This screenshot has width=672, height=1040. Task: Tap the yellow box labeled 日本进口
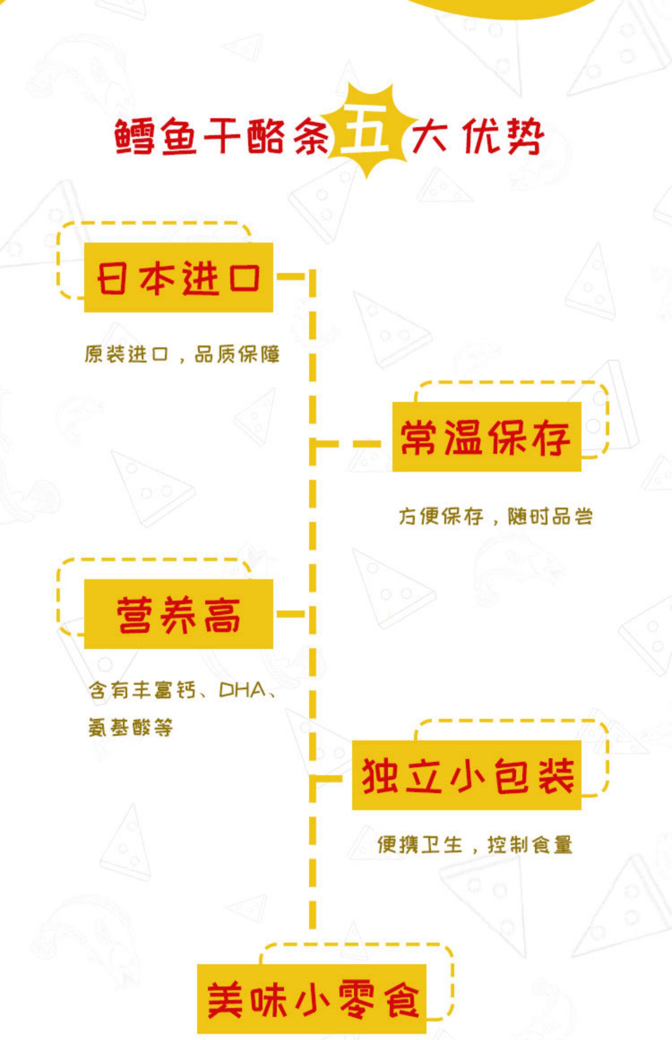pos(178,278)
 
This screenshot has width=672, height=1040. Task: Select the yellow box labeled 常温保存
pos(487,437)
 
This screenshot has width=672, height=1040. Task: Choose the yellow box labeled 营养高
pos(178,614)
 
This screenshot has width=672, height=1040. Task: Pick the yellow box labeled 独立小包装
pos(466,775)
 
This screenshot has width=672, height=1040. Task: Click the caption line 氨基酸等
pos(130,727)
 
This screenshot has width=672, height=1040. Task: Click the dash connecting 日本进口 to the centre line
pos(290,276)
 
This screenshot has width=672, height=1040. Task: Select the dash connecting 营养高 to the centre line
pos(290,614)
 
